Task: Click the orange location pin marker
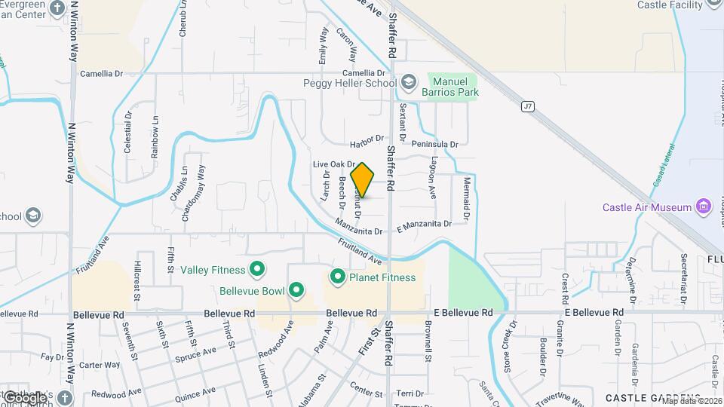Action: (x=363, y=180)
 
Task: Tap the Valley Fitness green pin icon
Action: (x=257, y=269)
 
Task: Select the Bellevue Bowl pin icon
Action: (x=297, y=289)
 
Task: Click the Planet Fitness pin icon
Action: (x=337, y=277)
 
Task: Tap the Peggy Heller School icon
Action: (x=409, y=82)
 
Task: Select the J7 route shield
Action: (x=528, y=107)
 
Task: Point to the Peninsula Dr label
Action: (x=434, y=144)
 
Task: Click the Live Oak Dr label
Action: (x=333, y=164)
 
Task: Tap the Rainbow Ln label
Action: (x=155, y=136)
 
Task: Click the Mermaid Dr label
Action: (x=467, y=199)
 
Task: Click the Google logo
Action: (x=24, y=397)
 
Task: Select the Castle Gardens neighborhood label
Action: (x=652, y=397)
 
